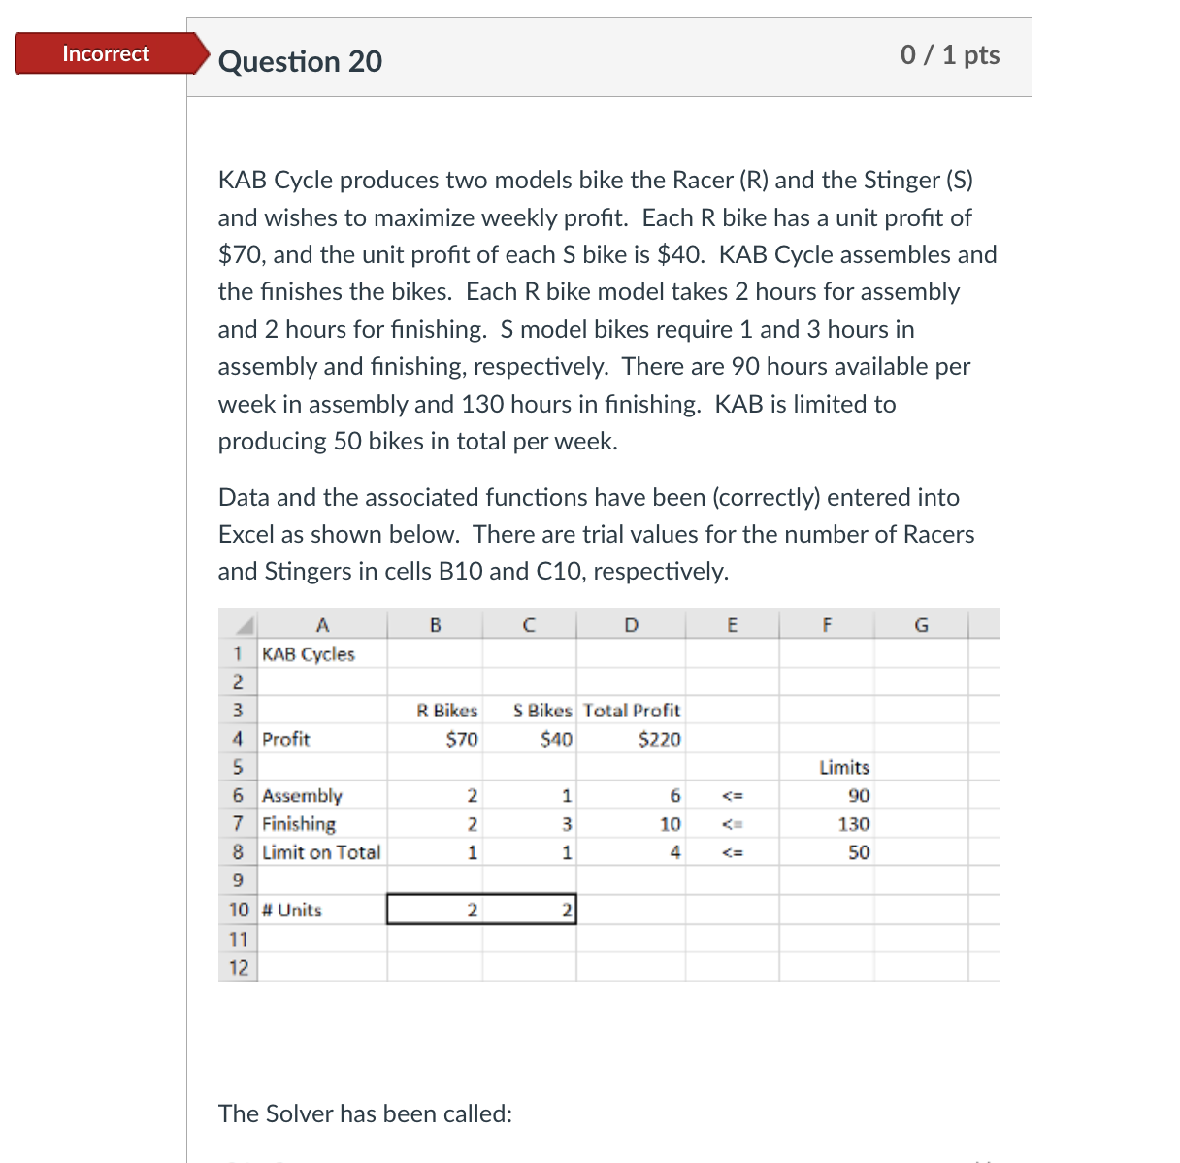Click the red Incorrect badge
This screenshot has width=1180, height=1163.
106,54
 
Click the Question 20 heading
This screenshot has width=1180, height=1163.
300,61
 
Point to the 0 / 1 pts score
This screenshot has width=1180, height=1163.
949,54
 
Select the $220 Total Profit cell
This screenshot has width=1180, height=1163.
659,740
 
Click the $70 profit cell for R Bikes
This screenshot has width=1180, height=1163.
461,740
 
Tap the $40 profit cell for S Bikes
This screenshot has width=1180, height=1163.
556,740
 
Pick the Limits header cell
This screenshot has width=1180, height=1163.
843,767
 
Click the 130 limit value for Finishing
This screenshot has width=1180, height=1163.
853,824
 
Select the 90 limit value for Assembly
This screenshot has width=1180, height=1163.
858,796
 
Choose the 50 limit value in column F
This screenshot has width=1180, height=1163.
858,852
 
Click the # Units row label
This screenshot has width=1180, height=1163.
292,910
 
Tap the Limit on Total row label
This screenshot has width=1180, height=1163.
321,852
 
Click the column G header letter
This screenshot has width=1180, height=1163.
921,625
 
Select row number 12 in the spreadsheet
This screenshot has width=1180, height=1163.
239,967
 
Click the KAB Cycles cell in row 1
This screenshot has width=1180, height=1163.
309,654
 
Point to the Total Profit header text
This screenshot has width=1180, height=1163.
632,711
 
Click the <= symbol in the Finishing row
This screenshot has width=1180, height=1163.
733,824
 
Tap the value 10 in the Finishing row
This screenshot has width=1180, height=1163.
670,824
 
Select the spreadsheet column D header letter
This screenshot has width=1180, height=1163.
631,625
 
